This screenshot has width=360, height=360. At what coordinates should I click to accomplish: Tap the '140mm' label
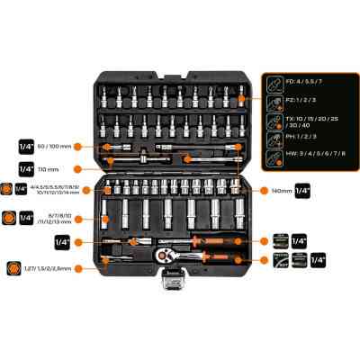coord(283,190)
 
